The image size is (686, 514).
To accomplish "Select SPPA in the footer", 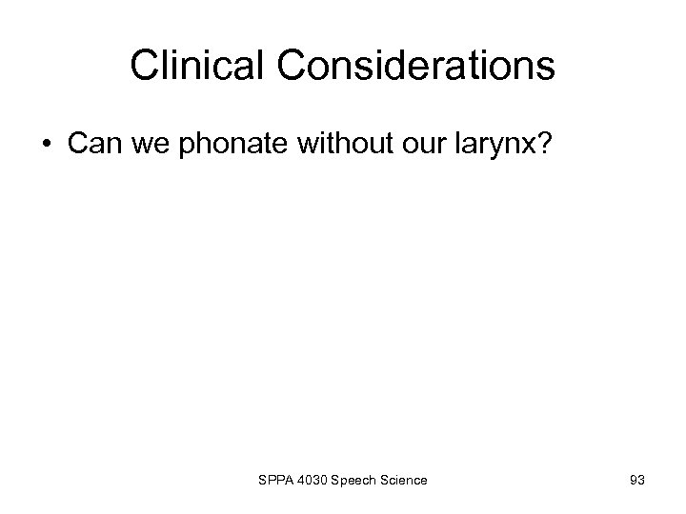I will [x=275, y=482].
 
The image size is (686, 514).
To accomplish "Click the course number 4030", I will [x=313, y=482].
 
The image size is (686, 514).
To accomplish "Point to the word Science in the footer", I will [x=405, y=482].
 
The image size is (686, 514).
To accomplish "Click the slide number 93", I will [x=636, y=482].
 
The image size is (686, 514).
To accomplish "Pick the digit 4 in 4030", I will [x=300, y=482].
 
